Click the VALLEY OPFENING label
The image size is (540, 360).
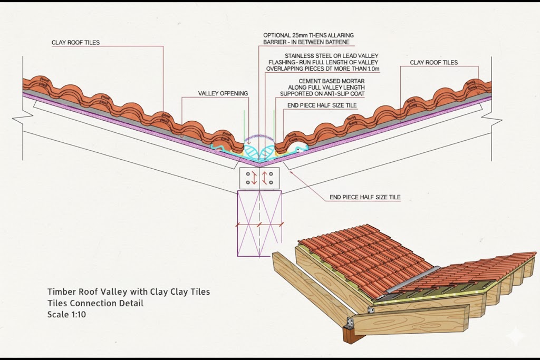click(223, 93)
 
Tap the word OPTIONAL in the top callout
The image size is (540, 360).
click(277, 35)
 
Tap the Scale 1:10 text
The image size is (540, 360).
click(67, 314)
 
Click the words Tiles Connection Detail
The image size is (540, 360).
click(95, 303)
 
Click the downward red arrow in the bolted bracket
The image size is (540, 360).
click(254, 178)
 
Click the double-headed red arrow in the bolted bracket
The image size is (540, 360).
click(265, 178)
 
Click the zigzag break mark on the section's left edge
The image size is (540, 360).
click(20, 119)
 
